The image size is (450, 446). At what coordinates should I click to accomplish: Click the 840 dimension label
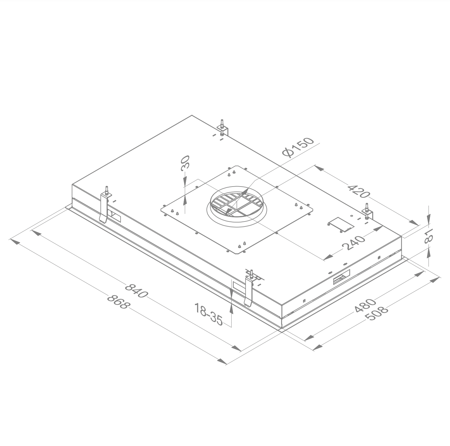click(136, 290)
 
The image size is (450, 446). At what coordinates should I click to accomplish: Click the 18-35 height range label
click(209, 314)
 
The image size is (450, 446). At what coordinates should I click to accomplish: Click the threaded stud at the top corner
click(223, 124)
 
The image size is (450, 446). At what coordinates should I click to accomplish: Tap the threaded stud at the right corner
click(368, 208)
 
